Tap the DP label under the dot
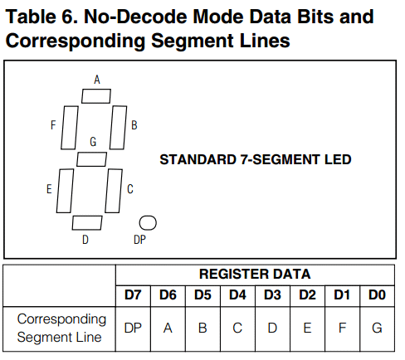(x=139, y=240)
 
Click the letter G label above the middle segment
(x=93, y=142)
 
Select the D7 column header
(x=133, y=295)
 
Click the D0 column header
(x=377, y=295)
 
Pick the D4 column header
(x=237, y=295)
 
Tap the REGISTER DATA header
(x=255, y=274)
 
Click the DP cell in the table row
(x=133, y=328)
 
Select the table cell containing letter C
(x=237, y=328)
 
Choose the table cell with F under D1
(x=342, y=328)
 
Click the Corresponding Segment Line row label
(x=61, y=328)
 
